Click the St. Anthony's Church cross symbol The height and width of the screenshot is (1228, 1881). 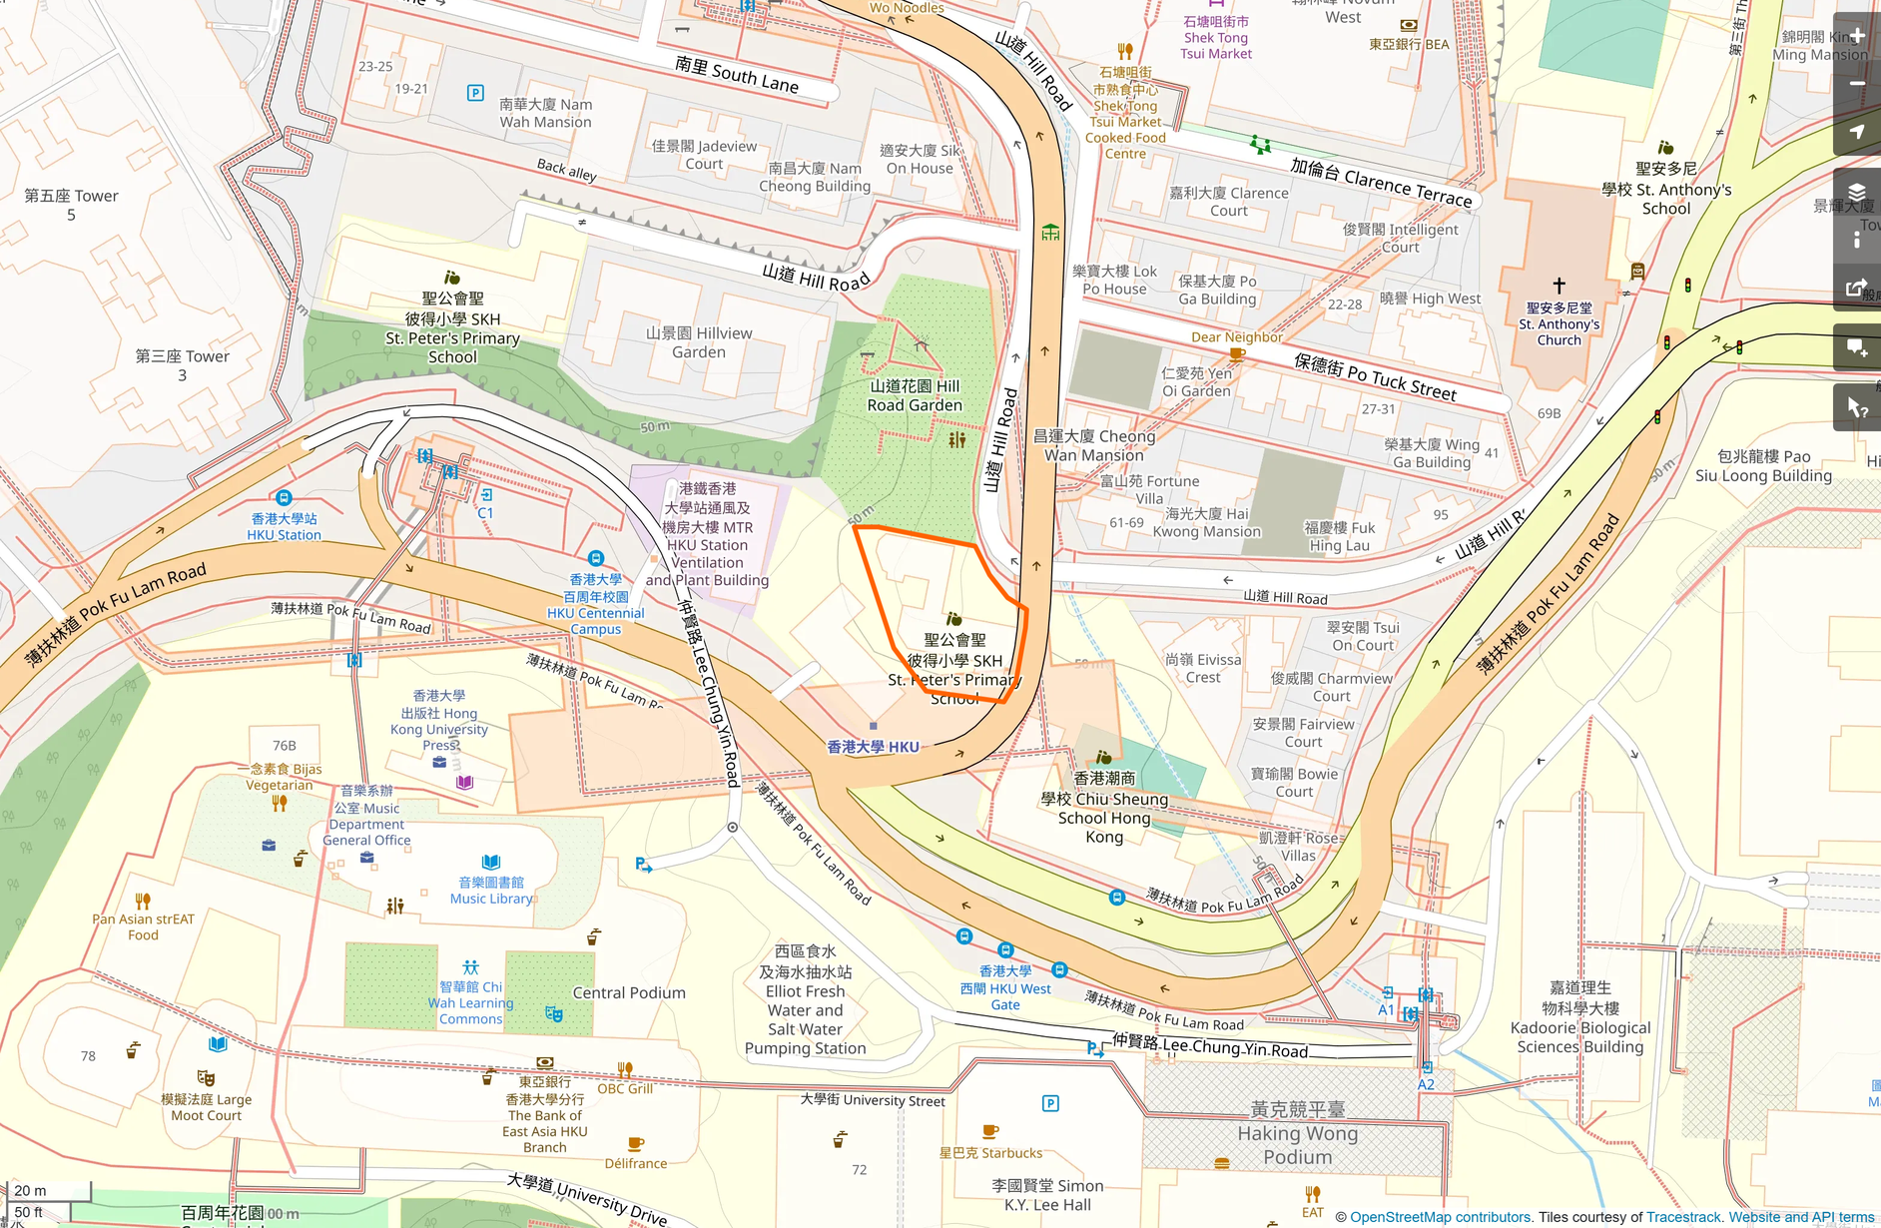[1559, 286]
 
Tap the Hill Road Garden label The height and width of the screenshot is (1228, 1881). [914, 395]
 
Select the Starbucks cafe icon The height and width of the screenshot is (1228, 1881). [989, 1132]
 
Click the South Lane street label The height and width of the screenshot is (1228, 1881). [737, 75]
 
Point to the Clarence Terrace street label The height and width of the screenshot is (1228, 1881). [1381, 182]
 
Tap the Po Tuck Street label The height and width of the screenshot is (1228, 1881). [1375, 376]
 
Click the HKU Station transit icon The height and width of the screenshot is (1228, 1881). [284, 498]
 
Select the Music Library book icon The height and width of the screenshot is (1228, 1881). [491, 862]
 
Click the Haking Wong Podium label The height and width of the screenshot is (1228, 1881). [1297, 1133]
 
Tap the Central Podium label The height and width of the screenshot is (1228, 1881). [629, 992]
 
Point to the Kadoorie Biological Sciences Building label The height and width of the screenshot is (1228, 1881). [1579, 1017]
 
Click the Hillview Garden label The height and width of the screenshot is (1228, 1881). [698, 342]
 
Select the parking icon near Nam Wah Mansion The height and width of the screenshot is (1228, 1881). [475, 93]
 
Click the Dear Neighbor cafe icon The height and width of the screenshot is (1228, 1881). [1237, 354]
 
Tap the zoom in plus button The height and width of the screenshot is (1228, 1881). [1857, 36]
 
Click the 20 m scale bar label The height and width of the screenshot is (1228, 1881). [30, 1190]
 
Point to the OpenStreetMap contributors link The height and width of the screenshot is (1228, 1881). [1440, 1217]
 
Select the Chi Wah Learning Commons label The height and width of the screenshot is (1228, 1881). [470, 1002]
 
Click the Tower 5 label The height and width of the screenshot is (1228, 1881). [71, 205]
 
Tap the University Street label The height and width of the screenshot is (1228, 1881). [873, 1100]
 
